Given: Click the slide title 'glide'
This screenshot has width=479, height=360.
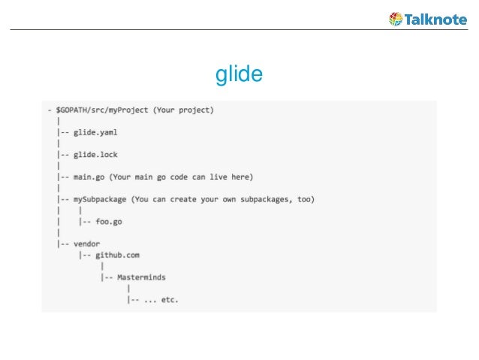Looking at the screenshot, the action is tap(239, 75).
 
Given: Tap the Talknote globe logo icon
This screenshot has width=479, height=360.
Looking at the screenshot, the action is tap(395, 19).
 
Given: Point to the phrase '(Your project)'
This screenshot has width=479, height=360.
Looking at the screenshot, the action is tap(184, 110).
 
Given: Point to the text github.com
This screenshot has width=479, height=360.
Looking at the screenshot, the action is tap(117, 255).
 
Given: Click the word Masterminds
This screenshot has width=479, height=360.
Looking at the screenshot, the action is tap(141, 277).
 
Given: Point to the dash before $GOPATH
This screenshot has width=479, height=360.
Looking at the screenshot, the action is tap(49, 110).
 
